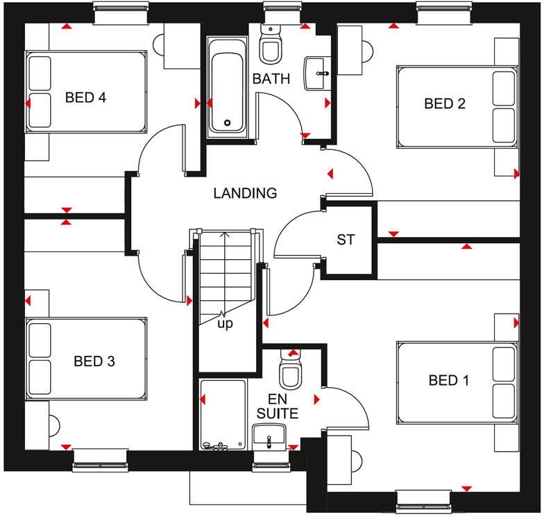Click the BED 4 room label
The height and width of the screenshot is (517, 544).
pos(85,97)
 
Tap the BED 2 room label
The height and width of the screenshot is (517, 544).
pos(445,104)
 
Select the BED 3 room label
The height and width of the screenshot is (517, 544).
pos(94,361)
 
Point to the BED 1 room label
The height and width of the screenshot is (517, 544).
pos(449,380)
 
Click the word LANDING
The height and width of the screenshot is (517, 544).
pos(245,193)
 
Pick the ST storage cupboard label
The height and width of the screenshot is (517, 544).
pos(346,240)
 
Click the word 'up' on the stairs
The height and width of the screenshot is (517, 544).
pos(226,323)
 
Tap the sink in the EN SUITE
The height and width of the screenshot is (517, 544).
pos(269,436)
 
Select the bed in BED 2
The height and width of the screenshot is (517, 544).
pos(457,106)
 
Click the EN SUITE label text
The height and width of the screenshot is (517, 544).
pos(278,407)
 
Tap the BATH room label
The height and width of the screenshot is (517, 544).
pos(271,79)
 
